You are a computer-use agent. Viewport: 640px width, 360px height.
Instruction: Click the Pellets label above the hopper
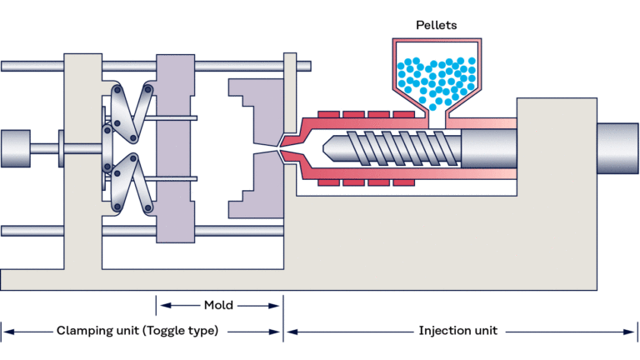(437, 25)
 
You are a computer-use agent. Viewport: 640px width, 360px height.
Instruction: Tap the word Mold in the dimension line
(218, 305)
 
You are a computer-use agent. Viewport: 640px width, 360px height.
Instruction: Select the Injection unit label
(457, 331)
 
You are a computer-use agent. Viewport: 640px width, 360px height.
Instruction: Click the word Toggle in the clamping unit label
(167, 331)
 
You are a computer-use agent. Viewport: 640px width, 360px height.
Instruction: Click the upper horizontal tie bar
(33, 66)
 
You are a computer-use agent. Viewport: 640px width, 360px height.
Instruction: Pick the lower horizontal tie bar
(33, 231)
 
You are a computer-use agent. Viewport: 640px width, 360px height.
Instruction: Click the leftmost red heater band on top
(328, 113)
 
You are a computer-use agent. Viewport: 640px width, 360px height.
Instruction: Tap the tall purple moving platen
(175, 148)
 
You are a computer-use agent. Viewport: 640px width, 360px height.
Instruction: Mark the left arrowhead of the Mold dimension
(161, 305)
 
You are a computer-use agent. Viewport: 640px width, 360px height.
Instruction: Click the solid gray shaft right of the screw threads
(487, 148)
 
